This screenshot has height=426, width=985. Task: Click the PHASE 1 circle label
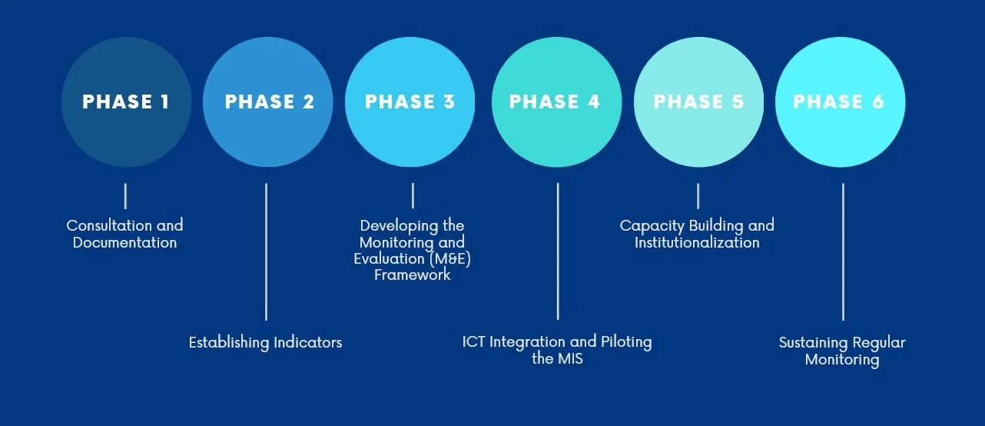point(126,102)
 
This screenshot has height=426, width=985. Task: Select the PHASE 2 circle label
point(269,102)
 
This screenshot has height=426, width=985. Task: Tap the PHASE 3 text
point(410,102)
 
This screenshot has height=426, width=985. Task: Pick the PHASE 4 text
point(555,102)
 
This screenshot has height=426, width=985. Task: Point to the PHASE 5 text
point(698,102)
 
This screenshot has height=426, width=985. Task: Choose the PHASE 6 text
point(839,102)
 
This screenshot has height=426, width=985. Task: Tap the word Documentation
point(124,243)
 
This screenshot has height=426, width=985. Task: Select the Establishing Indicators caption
point(265,342)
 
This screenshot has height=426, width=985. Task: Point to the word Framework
point(412,275)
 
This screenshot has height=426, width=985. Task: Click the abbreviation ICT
point(474,341)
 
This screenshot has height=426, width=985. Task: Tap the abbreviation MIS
point(569,358)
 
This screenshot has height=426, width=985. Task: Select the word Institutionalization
point(697,243)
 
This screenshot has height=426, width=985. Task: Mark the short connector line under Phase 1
point(125,195)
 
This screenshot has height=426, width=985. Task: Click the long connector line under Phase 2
point(266,251)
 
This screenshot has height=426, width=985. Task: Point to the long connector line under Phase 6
point(843,251)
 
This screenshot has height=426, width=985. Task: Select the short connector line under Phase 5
point(698,195)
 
